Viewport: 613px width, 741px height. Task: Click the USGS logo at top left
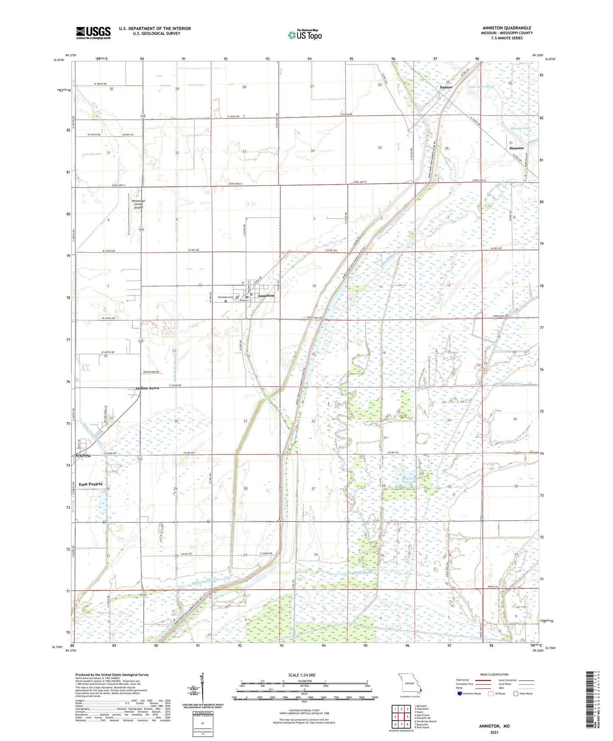coord(93,33)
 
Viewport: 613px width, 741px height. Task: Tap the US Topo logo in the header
coord(305,35)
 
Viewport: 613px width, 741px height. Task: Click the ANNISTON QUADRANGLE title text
coord(507,28)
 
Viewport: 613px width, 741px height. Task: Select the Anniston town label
coord(266,295)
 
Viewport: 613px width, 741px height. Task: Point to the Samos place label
coord(445,87)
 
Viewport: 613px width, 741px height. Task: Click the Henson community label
coord(516,148)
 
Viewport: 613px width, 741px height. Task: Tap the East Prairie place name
coord(91,484)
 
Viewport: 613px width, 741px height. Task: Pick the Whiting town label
coord(83,455)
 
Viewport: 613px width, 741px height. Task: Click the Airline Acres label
coord(147,388)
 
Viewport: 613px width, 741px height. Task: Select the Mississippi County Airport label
coord(138,204)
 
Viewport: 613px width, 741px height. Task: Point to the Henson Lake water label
coord(521,128)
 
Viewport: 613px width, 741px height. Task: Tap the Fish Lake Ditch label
coord(481,87)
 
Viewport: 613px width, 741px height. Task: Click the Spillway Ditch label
coord(204,580)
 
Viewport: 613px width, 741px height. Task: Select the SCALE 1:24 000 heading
coord(302,675)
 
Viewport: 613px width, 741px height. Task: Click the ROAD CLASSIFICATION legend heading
coord(494,674)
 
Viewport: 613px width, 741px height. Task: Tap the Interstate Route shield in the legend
coord(460,693)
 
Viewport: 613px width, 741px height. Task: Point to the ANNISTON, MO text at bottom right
coord(494,726)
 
